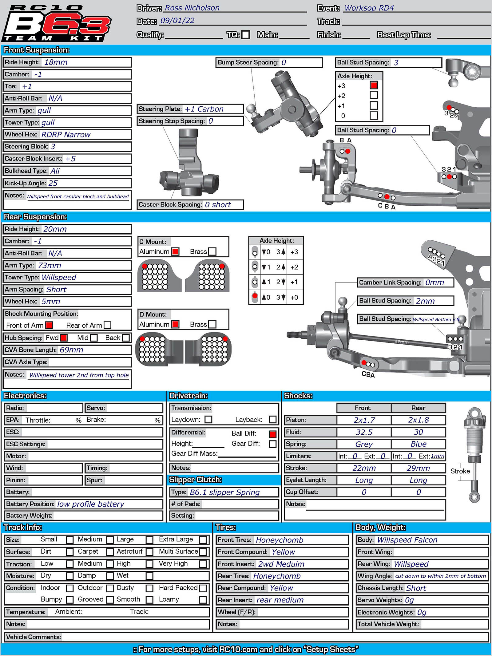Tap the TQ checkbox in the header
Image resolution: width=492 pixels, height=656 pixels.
click(245, 35)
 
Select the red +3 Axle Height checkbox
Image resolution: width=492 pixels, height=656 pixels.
click(374, 85)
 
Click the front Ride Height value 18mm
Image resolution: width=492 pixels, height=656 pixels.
click(56, 62)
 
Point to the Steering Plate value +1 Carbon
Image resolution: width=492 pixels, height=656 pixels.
click(204, 109)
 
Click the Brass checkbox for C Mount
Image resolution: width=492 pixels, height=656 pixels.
click(212, 251)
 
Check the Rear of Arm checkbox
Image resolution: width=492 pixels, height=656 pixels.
click(107, 325)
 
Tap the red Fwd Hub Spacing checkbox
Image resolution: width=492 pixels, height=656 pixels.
click(64, 338)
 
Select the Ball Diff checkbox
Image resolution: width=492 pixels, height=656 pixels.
click(272, 434)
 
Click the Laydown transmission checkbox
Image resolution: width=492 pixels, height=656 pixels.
click(208, 419)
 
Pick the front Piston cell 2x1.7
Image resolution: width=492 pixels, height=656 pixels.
click(364, 420)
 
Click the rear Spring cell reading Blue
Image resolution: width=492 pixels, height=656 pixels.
click(418, 444)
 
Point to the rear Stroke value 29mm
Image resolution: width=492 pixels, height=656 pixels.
click(418, 468)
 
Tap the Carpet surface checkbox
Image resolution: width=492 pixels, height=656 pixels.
click(110, 552)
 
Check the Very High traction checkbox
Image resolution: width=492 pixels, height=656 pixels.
click(203, 564)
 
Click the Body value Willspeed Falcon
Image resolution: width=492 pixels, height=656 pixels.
click(407, 540)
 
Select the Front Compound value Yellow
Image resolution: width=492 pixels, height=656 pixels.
click(283, 552)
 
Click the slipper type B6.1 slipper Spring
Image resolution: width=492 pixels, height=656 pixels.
click(224, 492)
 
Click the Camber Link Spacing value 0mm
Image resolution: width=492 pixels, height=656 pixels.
click(434, 283)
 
